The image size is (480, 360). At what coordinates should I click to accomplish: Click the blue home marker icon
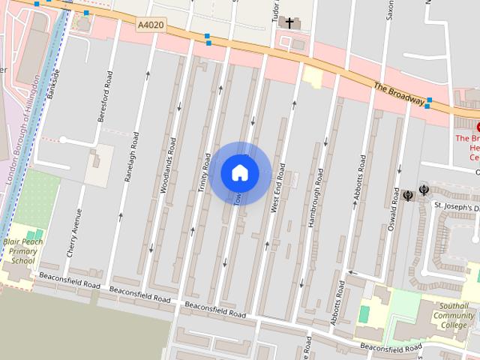240,172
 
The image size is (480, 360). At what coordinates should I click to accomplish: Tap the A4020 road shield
151,25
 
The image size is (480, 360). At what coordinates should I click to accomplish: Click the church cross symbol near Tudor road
288,23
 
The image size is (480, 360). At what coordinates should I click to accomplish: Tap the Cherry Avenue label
73,232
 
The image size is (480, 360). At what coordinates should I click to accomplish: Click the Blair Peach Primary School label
22,252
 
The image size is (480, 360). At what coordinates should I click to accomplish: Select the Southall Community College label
453,315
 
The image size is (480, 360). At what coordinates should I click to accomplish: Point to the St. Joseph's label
456,206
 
